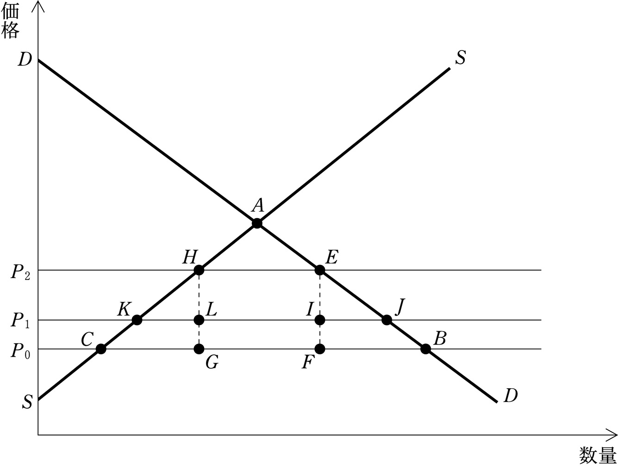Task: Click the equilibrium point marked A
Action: pos(257,223)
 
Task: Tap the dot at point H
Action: pos(199,270)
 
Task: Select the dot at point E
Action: pos(320,270)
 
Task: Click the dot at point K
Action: pos(137,320)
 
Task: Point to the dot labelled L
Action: pos(199,320)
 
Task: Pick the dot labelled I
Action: pos(320,320)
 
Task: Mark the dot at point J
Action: pos(387,320)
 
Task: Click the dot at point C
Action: pos(101,349)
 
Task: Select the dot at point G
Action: pos(199,349)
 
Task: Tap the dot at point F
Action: pos(320,349)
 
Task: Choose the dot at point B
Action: pos(426,349)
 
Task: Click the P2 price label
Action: pos(20,273)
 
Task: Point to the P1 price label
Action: pos(20,321)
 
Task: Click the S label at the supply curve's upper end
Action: pos(461,58)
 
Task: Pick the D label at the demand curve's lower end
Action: pos(511,396)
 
